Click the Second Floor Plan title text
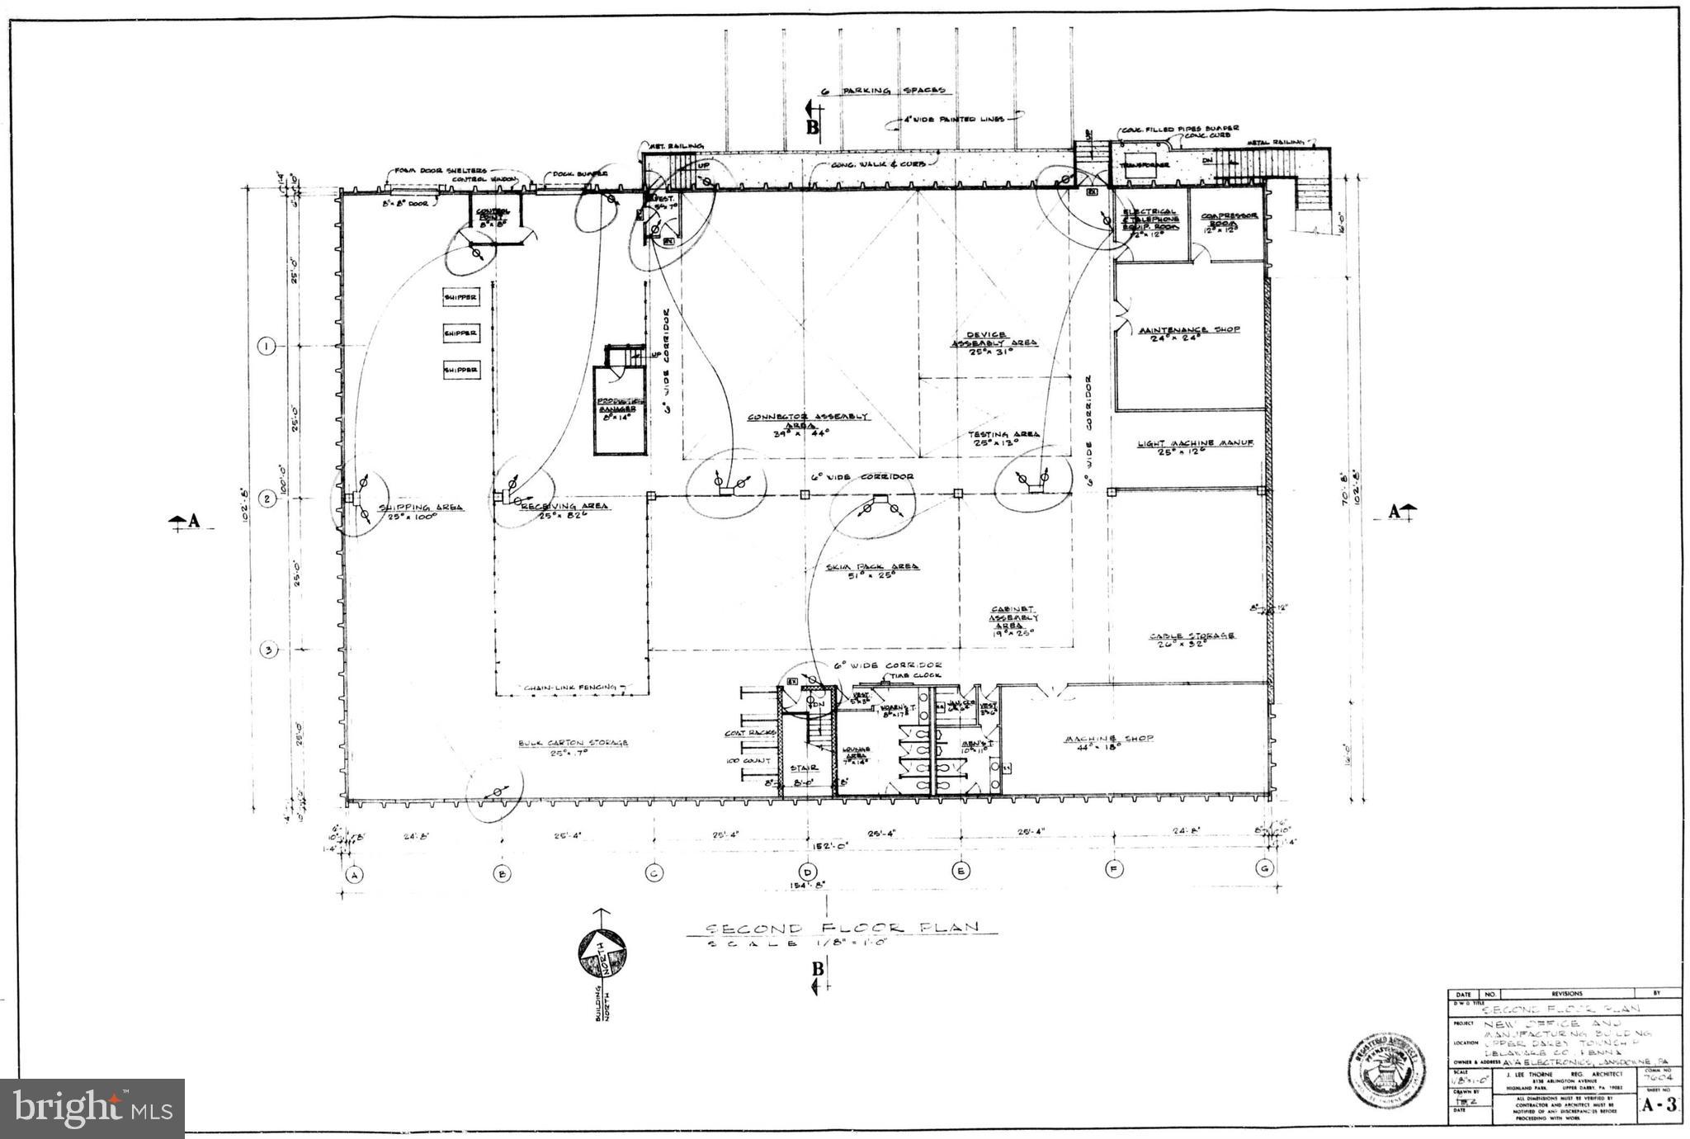tap(842, 927)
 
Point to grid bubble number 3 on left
tap(267, 650)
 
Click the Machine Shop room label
tap(1108, 739)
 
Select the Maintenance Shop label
tap(1189, 330)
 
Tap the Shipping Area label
tap(420, 508)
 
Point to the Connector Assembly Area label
tap(808, 417)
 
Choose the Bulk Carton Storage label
tap(573, 743)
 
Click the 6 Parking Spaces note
tap(883, 91)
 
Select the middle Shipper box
tap(460, 333)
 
